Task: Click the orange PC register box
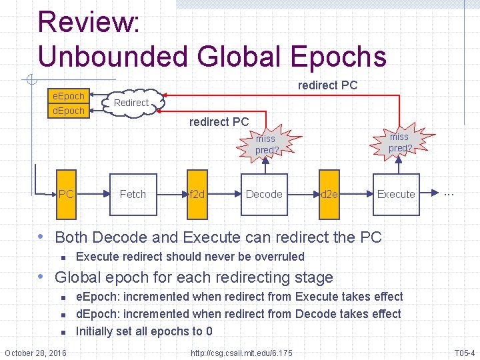[x=66, y=194]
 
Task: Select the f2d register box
[x=197, y=194]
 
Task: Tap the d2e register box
[x=329, y=194]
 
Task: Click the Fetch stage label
[x=133, y=194]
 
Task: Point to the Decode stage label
[x=264, y=194]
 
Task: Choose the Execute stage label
[x=396, y=194]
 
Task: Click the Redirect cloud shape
[x=131, y=103]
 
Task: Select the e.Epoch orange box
[x=69, y=96]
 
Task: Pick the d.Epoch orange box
[x=69, y=111]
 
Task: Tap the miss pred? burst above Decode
[x=266, y=144]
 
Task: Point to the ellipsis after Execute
[x=449, y=193]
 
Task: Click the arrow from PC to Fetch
[x=93, y=194]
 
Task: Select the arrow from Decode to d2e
[x=301, y=194]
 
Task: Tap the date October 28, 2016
[x=35, y=352]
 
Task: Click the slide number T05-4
[x=464, y=352]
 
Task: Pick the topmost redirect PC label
[x=327, y=85]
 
